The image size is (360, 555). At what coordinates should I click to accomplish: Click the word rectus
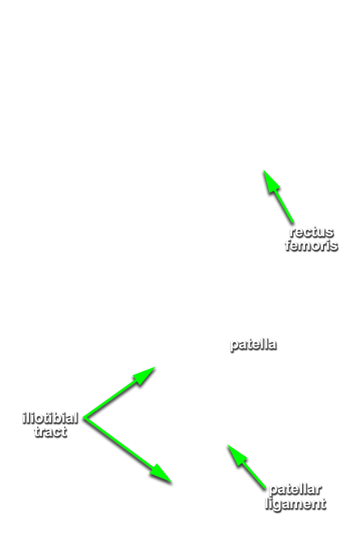[311, 232]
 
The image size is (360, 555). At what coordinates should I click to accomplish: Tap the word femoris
[311, 245]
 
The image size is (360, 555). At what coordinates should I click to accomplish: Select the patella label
[253, 344]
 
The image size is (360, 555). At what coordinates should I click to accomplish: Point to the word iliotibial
[51, 418]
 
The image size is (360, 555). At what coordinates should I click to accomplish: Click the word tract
[51, 432]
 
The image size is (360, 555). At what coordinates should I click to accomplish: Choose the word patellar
[295, 490]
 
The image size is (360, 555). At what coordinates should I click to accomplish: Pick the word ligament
[295, 504]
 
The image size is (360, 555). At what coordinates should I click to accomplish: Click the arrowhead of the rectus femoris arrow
[270, 181]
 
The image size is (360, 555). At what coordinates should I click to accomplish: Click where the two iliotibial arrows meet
[84, 418]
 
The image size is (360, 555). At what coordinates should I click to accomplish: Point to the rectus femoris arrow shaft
[283, 207]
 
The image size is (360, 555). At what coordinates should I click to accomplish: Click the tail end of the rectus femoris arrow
[293, 223]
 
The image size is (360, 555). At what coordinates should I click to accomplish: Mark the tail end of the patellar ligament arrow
[265, 488]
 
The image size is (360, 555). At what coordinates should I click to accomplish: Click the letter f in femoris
[288, 245]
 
